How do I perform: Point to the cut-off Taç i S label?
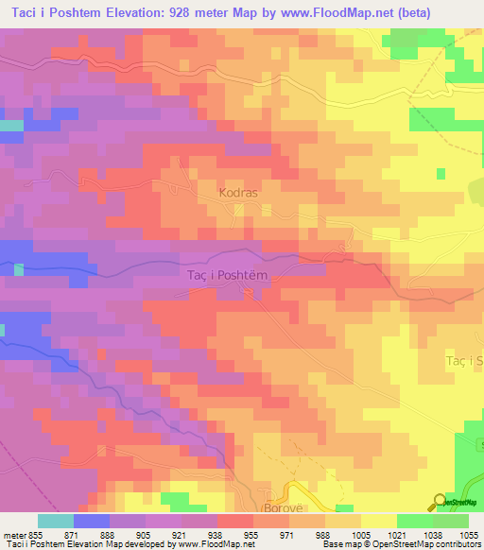464,361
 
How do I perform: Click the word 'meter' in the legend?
14,534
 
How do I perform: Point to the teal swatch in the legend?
55,521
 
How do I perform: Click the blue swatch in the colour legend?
91,521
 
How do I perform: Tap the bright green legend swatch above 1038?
414,521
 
